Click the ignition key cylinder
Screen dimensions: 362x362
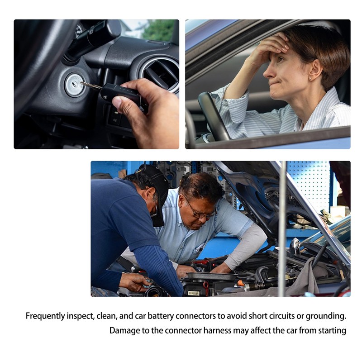pyautogui.click(x=74, y=85)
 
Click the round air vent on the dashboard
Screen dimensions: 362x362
pyautogui.click(x=160, y=74)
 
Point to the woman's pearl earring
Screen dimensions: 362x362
pyautogui.click(x=310, y=79)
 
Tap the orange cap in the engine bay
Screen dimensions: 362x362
pyautogui.click(x=241, y=283)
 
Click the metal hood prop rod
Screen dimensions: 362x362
pyautogui.click(x=282, y=229)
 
